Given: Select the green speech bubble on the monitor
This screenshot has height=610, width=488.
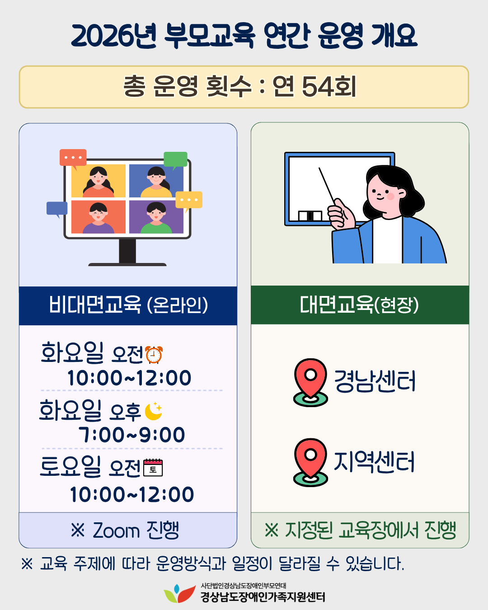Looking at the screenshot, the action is coord(175,160).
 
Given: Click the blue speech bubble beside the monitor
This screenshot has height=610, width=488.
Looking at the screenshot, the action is coord(57,209).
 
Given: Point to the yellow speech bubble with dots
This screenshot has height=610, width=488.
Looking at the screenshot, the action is coord(189,201).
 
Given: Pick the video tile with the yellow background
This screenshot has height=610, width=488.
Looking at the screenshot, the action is coord(99,181).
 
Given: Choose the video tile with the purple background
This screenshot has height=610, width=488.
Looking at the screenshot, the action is coord(156,217).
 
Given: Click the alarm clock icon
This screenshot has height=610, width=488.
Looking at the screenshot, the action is coord(154,355).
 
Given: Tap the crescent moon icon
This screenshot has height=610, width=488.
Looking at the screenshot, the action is coord(154,411).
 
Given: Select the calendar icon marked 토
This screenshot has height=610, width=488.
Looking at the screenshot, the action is coord(153,468).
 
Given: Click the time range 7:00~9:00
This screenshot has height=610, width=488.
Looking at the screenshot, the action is coord(132,435).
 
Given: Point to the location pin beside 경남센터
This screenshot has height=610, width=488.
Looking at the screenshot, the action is coord(310,382).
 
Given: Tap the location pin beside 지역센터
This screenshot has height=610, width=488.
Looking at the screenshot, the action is coord(310,462).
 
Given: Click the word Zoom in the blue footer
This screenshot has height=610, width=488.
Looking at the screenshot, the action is coord(117,530).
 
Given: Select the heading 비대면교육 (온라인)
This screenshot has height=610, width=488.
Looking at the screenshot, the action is coord(128,305).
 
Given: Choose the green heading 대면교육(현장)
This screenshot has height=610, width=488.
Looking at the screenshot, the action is coord(359,305).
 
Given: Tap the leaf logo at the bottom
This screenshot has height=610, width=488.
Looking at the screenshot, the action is coord(179,593).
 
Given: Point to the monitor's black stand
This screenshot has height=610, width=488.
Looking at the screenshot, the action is coord(127,252).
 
